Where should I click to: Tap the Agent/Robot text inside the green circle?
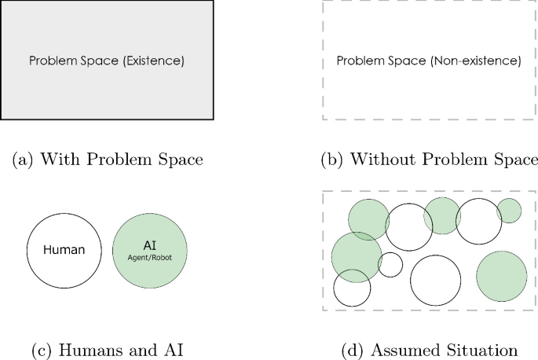click(x=150, y=257)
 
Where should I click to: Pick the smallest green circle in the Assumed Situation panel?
click(x=509, y=211)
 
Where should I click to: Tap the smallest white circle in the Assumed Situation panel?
click(x=390, y=265)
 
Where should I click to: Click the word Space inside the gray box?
click(x=101, y=61)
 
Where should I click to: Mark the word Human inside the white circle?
click(x=64, y=251)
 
